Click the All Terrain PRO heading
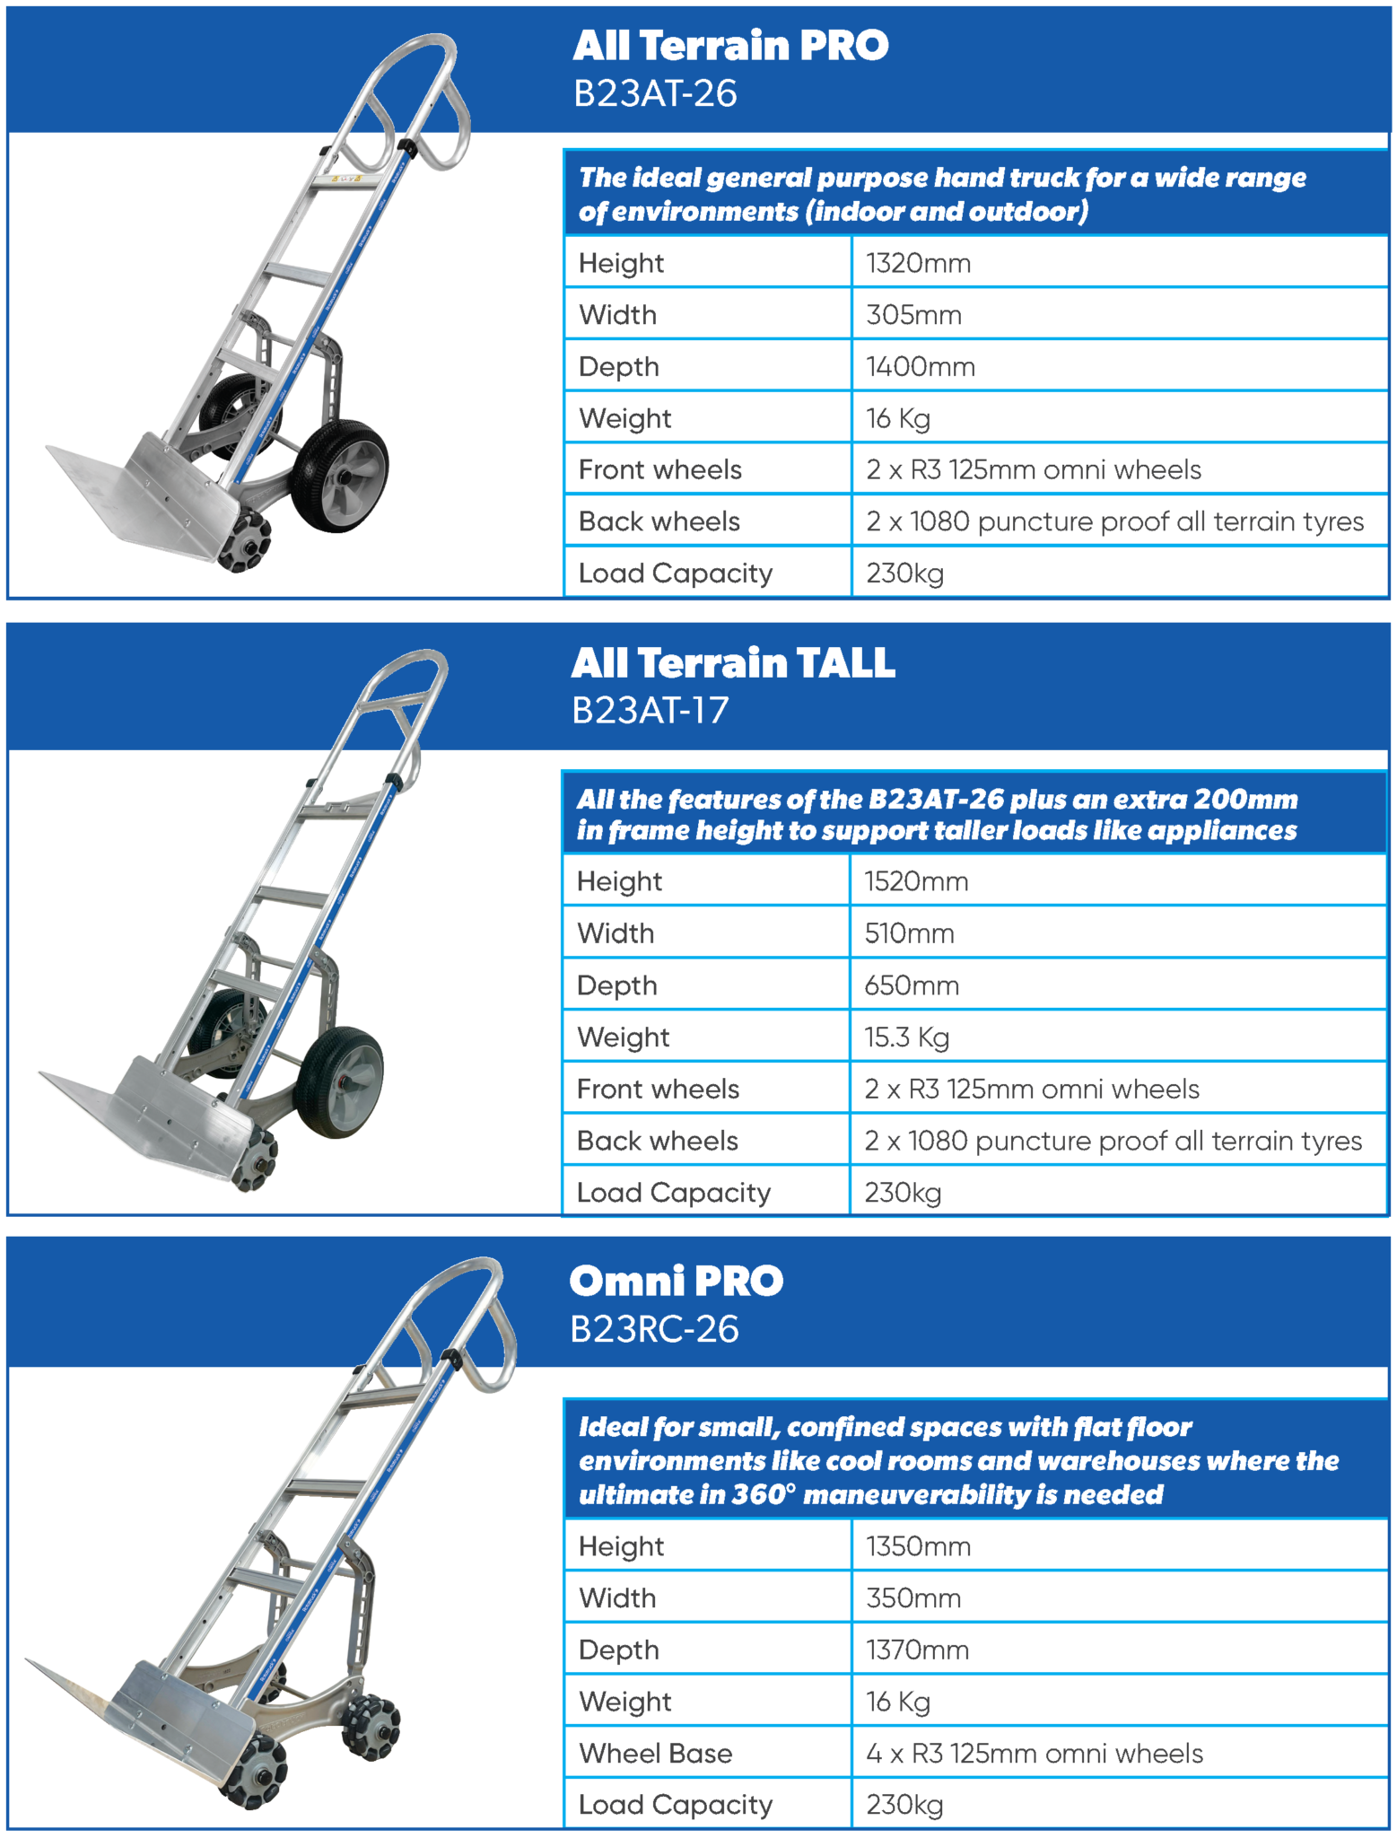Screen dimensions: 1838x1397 pos(730,46)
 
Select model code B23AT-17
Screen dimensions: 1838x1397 pos(650,711)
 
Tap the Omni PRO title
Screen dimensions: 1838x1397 pos(677,1281)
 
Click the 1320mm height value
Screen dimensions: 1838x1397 pos(918,263)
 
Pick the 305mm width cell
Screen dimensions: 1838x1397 pos(913,315)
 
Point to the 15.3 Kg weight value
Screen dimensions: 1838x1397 pos(906,1037)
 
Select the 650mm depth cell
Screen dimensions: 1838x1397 pos(912,985)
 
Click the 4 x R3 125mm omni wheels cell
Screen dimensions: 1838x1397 pos(1034,1753)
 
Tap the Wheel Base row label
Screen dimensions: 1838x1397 pos(655,1753)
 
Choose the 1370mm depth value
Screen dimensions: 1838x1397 pos(917,1650)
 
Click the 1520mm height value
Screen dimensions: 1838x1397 pos(916,881)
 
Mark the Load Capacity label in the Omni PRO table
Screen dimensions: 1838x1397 pos(675,1805)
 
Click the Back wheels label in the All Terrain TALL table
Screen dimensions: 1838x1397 pos(657,1141)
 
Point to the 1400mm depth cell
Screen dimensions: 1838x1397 pos(920,366)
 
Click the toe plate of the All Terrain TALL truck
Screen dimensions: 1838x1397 pos(135,1113)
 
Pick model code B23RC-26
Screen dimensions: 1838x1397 pos(654,1329)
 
